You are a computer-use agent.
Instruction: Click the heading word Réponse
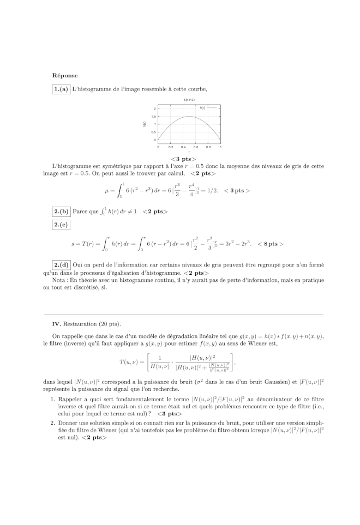click(x=65, y=75)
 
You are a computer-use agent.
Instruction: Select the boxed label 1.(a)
click(x=61, y=89)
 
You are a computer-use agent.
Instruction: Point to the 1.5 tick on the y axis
click(x=154, y=117)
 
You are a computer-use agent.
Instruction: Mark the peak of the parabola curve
click(x=189, y=116)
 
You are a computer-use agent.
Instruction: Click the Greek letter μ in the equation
click(x=107, y=191)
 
